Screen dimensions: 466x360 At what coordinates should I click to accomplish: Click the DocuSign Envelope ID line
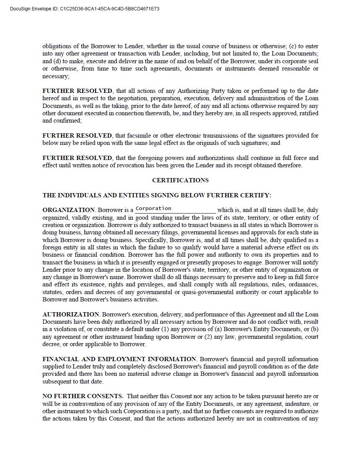pos(85,8)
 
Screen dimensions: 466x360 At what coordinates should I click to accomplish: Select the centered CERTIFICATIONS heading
pos(180,180)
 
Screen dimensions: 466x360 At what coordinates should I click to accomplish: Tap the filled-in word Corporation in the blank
pos(153,209)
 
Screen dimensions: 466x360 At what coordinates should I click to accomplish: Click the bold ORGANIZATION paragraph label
pos(68,210)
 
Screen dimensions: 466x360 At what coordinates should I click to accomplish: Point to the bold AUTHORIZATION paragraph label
pos(71,315)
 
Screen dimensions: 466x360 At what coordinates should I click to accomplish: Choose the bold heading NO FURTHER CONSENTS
pos(83,396)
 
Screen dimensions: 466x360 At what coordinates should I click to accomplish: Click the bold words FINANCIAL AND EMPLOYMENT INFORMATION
pos(119,359)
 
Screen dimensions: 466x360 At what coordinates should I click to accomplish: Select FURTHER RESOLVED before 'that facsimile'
pos(77,136)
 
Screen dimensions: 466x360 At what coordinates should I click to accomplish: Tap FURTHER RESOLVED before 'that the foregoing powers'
pos(77,158)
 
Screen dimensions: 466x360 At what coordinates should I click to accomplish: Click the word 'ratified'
pos(308,113)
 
